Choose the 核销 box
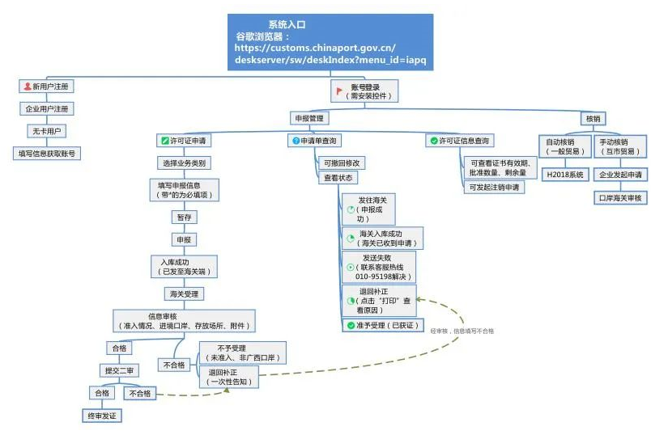tap(593, 118)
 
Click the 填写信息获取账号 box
tap(49, 153)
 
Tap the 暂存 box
tap(183, 217)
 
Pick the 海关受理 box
tap(182, 293)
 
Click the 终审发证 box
tap(103, 416)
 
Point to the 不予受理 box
tap(241, 353)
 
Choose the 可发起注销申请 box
tap(494, 187)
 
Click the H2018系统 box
tap(564, 174)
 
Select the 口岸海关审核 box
tap(620, 197)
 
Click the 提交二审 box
tap(118, 370)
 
